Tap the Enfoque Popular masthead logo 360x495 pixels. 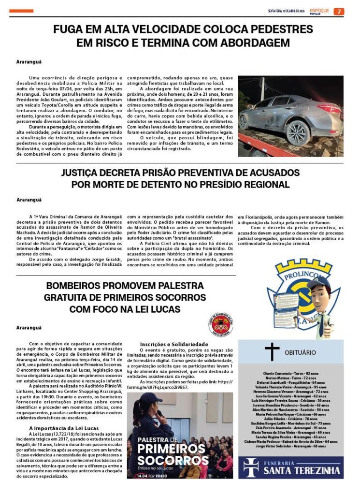point(319,11)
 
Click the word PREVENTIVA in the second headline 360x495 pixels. point(202,173)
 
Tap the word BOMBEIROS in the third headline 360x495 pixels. point(72,286)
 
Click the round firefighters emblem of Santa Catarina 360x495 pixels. point(220,324)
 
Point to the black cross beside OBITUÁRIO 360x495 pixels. point(272,352)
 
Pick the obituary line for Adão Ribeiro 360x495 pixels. point(290,419)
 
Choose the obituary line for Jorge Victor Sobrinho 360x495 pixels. point(290,446)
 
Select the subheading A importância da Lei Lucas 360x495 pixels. point(64,428)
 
